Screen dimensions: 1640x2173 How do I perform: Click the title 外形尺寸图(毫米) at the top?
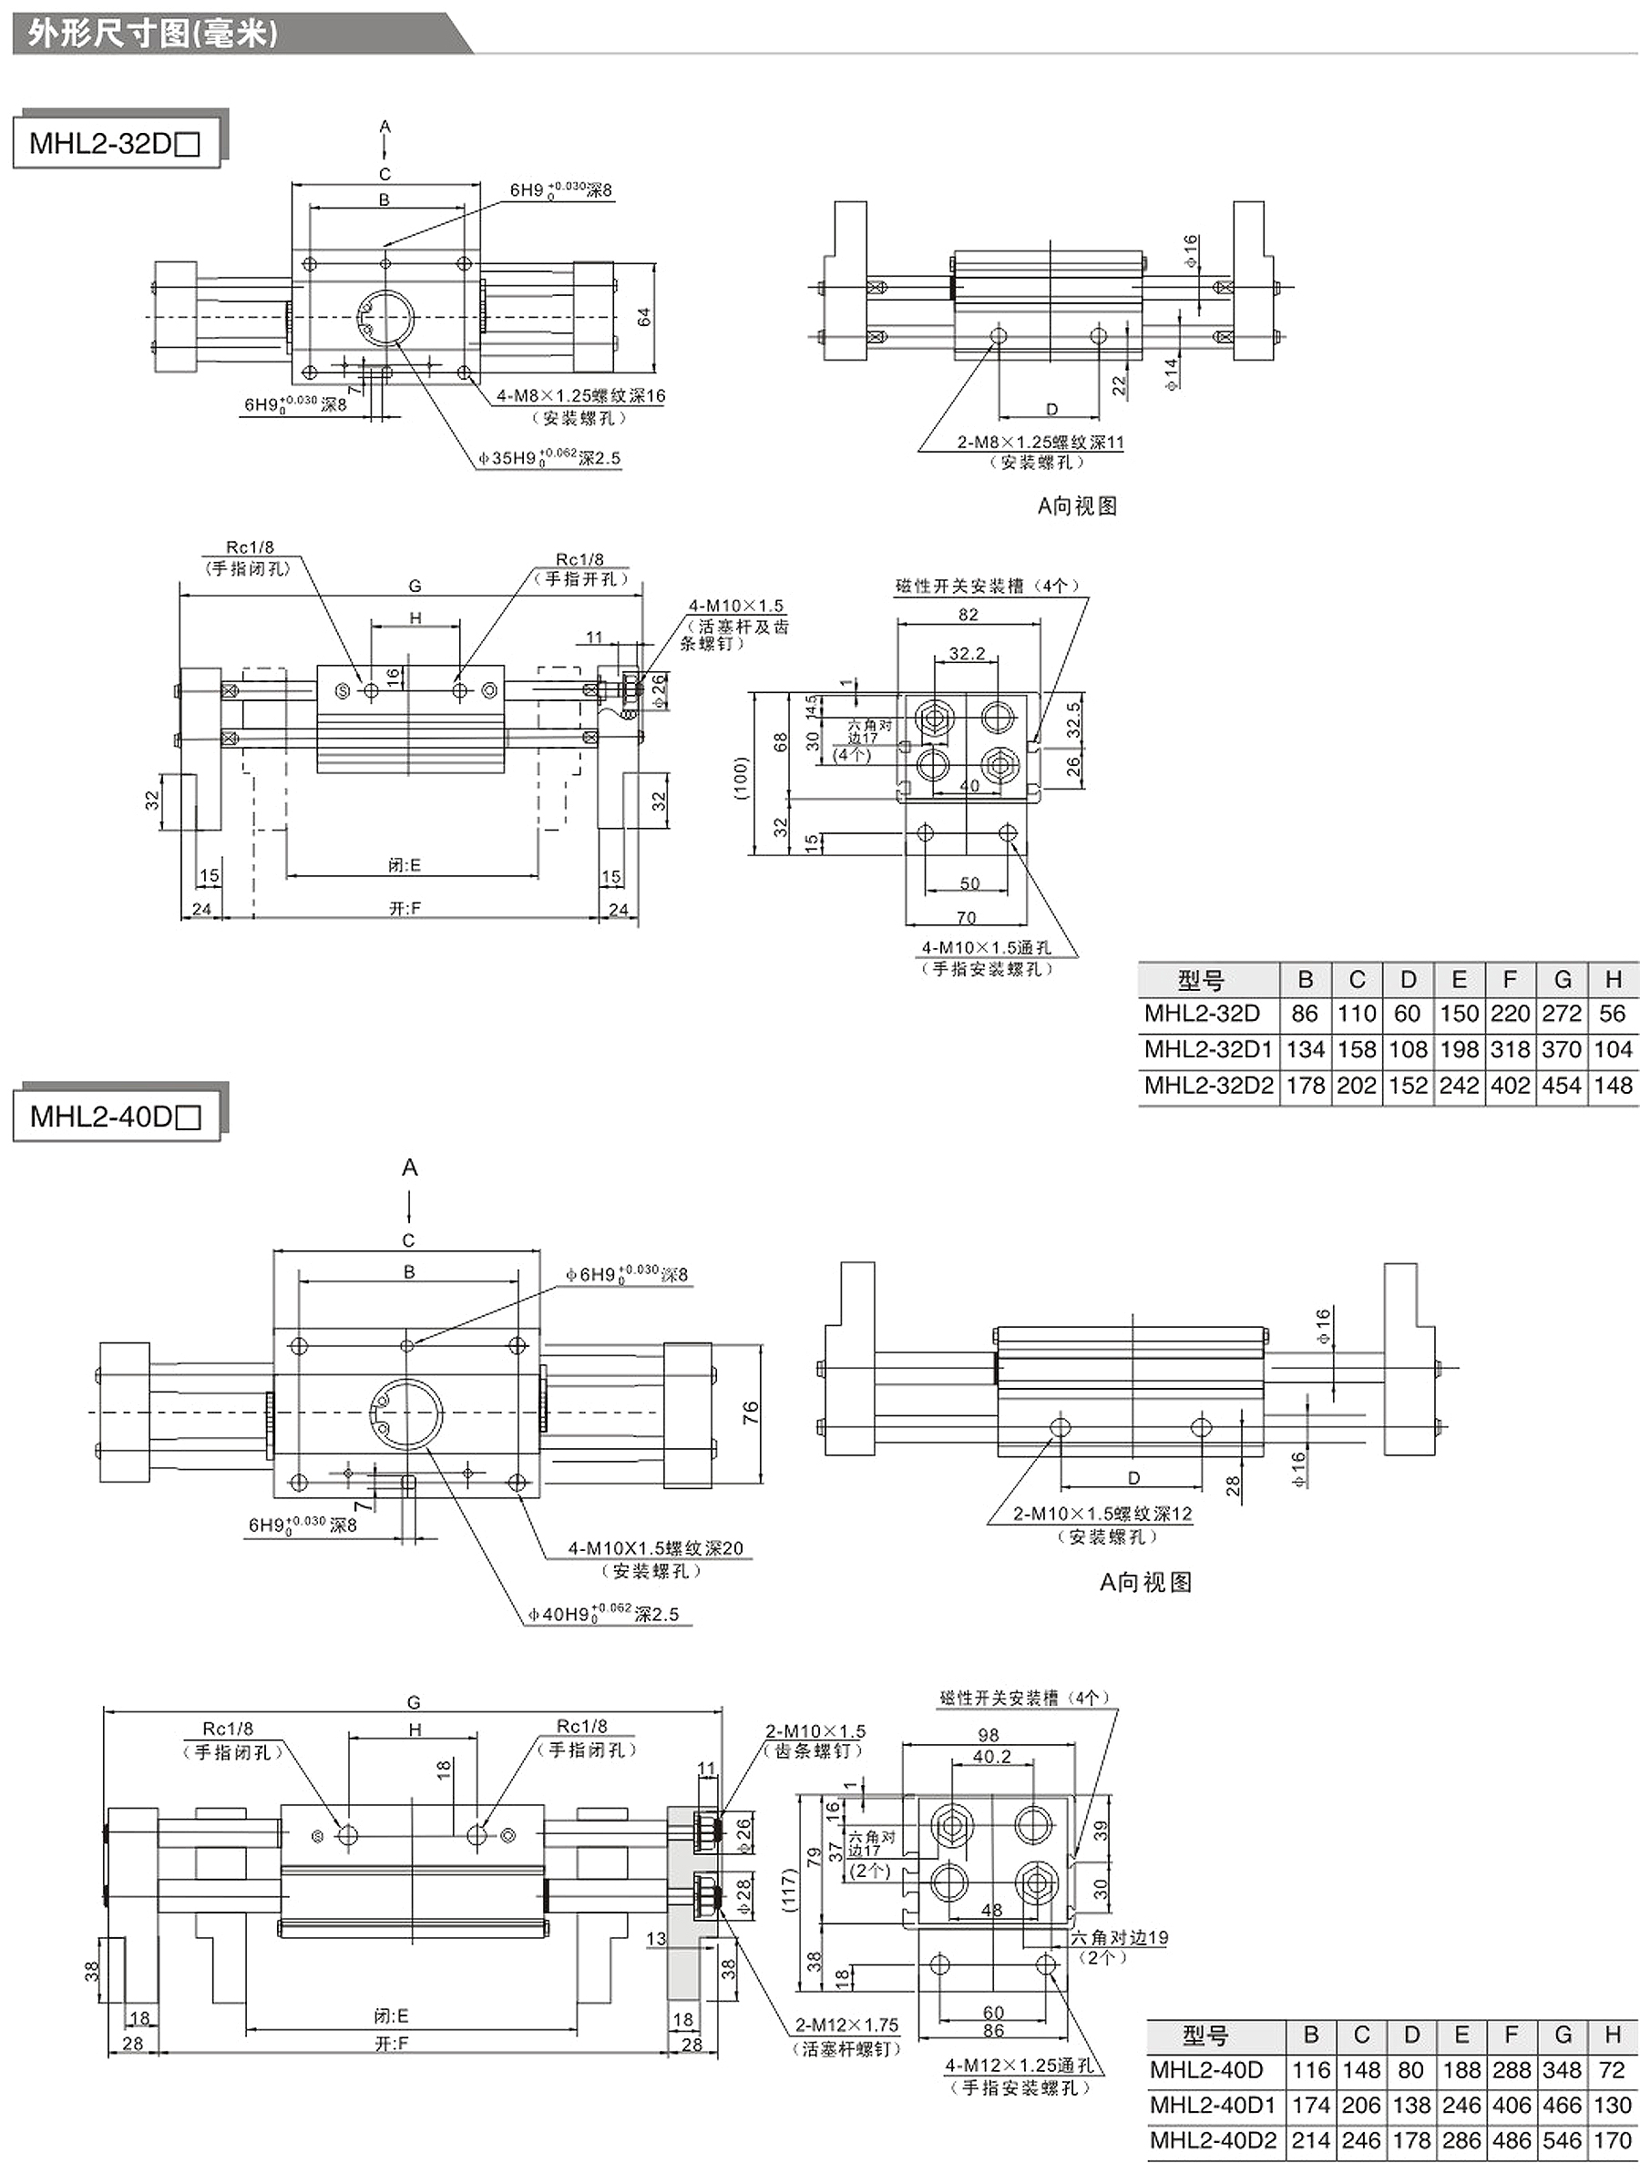coord(153,35)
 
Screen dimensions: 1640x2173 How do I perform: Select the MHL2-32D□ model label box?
coord(116,143)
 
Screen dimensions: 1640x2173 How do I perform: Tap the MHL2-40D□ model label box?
coord(116,1116)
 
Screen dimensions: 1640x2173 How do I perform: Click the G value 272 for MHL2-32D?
coord(1562,1013)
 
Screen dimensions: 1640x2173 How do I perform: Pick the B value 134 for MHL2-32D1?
coord(1305,1049)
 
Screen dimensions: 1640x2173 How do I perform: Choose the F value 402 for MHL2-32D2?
coord(1511,1086)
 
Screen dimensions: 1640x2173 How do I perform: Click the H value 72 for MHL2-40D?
coord(1612,2070)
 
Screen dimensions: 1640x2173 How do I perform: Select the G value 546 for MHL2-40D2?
coord(1563,2140)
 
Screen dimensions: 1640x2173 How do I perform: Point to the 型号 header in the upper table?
coord(1201,979)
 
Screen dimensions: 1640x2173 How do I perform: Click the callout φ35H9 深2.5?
coord(549,458)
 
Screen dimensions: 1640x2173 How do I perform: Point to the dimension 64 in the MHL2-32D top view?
coord(644,317)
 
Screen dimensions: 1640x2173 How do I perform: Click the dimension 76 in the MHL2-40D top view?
coord(751,1413)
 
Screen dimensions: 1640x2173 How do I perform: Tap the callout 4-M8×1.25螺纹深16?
coord(580,396)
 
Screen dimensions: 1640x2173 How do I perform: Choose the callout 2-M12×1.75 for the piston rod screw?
coord(846,2025)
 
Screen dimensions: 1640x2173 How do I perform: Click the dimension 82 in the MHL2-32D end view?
coord(969,615)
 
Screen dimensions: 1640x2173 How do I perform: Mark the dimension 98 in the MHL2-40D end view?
coord(989,1736)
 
